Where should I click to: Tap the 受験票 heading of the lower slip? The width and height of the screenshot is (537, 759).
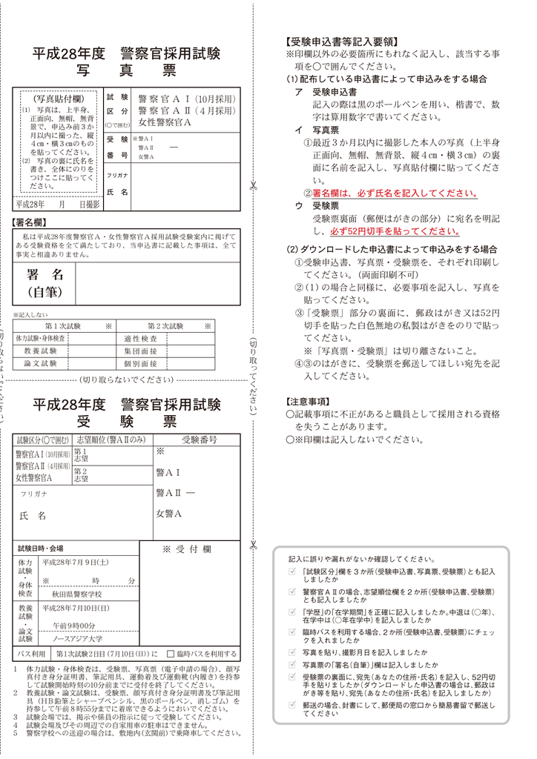127,422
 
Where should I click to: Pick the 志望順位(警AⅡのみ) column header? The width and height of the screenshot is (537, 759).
111,440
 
